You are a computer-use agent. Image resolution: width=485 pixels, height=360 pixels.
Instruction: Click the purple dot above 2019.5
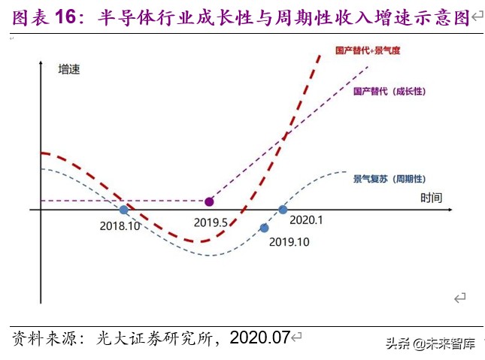coord(209,201)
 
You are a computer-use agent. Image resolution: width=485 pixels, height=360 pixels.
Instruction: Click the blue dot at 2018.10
coord(124,210)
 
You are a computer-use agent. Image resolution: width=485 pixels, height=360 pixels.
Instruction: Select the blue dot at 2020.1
coord(283,210)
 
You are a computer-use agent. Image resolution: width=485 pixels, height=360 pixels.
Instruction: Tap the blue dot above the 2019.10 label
coord(264,228)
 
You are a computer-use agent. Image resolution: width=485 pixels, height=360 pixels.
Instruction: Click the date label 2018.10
coord(120,224)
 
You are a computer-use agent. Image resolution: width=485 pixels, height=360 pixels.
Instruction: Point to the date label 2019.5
coord(211,222)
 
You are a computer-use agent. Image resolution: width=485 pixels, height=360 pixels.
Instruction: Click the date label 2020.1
coord(305,219)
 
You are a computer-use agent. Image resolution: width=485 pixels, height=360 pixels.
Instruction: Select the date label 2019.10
coord(289,242)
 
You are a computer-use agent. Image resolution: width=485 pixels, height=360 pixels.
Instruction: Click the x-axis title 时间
coord(431,197)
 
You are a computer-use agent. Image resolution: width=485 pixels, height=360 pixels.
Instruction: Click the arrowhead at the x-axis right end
coord(454,210)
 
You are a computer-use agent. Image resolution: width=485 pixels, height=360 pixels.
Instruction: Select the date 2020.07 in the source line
coord(259,338)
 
